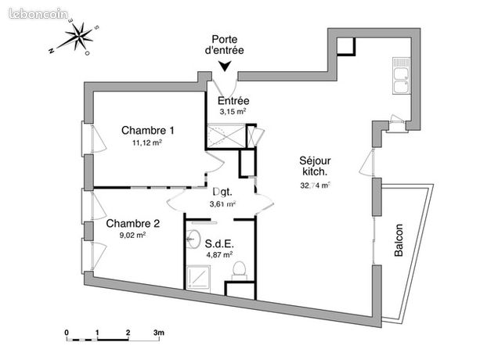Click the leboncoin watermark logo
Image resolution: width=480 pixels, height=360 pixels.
38,14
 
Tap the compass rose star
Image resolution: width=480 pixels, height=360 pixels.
79,37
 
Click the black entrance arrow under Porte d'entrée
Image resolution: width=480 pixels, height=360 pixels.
225,67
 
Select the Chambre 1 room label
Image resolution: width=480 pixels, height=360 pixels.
148,130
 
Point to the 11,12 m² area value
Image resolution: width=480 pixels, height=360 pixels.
147,142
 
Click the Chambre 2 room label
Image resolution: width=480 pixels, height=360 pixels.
133,223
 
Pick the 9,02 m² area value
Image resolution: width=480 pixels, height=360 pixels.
132,236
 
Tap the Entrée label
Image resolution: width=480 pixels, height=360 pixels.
233,101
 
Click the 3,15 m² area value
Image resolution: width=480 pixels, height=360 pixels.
233,111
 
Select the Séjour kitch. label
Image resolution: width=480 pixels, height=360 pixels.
315,166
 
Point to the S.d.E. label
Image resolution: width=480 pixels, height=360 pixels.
219,243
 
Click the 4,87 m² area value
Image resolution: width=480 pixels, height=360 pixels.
219,254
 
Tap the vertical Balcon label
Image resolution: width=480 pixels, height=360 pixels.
399,240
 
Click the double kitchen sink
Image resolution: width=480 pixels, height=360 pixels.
402,76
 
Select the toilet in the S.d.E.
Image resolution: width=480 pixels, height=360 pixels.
240,270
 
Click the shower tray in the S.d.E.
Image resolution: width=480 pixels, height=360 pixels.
199,277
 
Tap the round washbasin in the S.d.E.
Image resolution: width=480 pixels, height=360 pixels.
193,239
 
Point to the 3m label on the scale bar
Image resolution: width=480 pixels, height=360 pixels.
159,333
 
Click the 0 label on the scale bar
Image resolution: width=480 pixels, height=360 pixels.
67,333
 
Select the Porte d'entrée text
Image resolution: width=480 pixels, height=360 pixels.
225,45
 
